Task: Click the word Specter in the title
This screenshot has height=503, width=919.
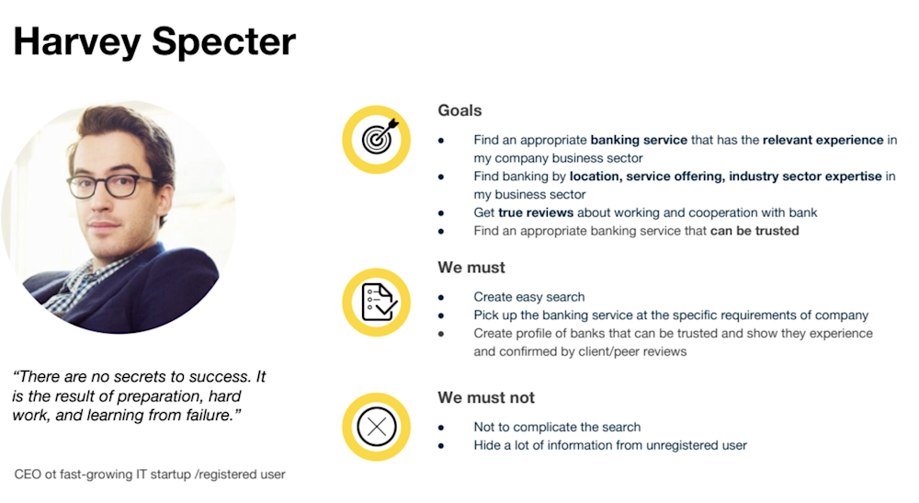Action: pyautogui.click(x=223, y=42)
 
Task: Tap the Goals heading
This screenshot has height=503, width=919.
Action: pyautogui.click(x=459, y=110)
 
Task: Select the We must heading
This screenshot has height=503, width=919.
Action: pyautogui.click(x=471, y=268)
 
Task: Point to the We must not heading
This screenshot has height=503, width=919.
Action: pyautogui.click(x=486, y=397)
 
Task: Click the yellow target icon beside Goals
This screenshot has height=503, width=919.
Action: pyautogui.click(x=376, y=140)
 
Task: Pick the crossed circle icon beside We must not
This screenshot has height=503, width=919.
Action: pyautogui.click(x=376, y=427)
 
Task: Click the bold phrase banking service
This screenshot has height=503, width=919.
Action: pyautogui.click(x=639, y=140)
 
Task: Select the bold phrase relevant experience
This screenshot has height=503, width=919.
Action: pyautogui.click(x=823, y=140)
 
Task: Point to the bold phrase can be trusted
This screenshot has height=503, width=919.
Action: pyautogui.click(x=754, y=231)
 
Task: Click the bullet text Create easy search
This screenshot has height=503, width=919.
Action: pyautogui.click(x=528, y=297)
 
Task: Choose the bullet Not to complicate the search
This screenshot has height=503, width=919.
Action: pyautogui.click(x=557, y=427)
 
